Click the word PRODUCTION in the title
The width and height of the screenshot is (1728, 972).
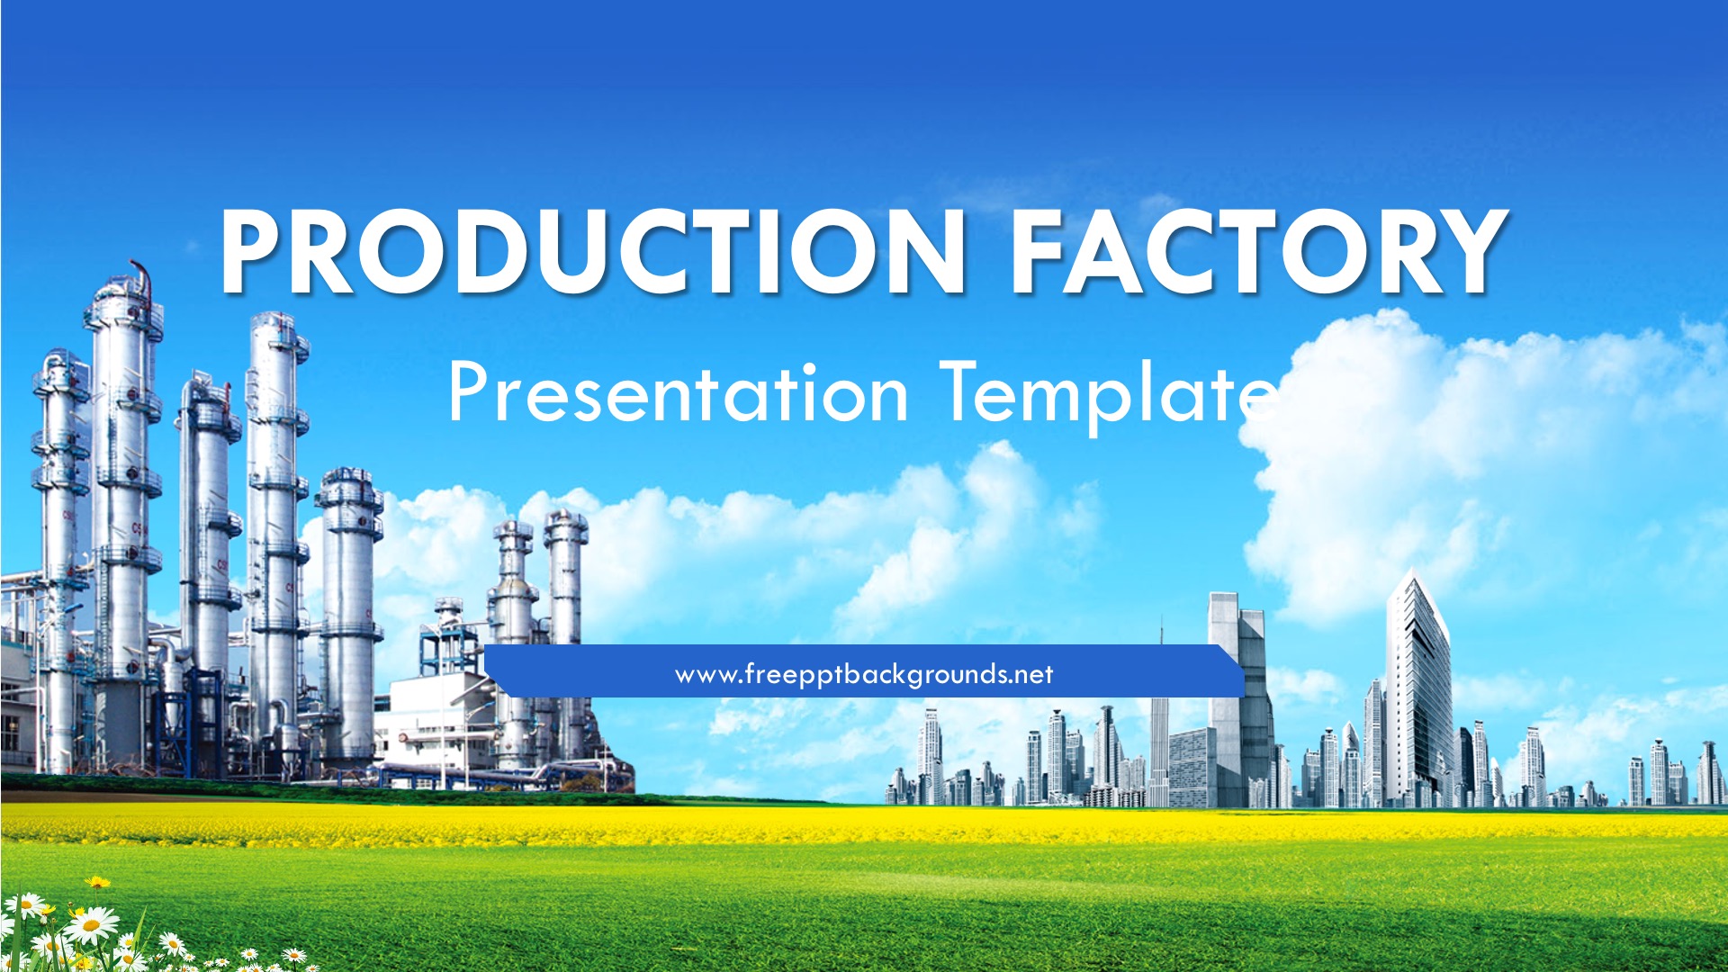click(593, 251)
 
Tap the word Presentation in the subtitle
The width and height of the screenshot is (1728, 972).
click(679, 392)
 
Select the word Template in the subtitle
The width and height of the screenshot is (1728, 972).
click(1109, 396)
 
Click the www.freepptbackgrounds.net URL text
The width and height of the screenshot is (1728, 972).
click(864, 674)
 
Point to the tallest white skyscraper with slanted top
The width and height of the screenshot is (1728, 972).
click(1418, 688)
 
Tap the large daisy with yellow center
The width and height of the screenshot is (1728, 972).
click(91, 924)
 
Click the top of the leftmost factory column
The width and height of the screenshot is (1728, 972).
click(60, 355)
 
